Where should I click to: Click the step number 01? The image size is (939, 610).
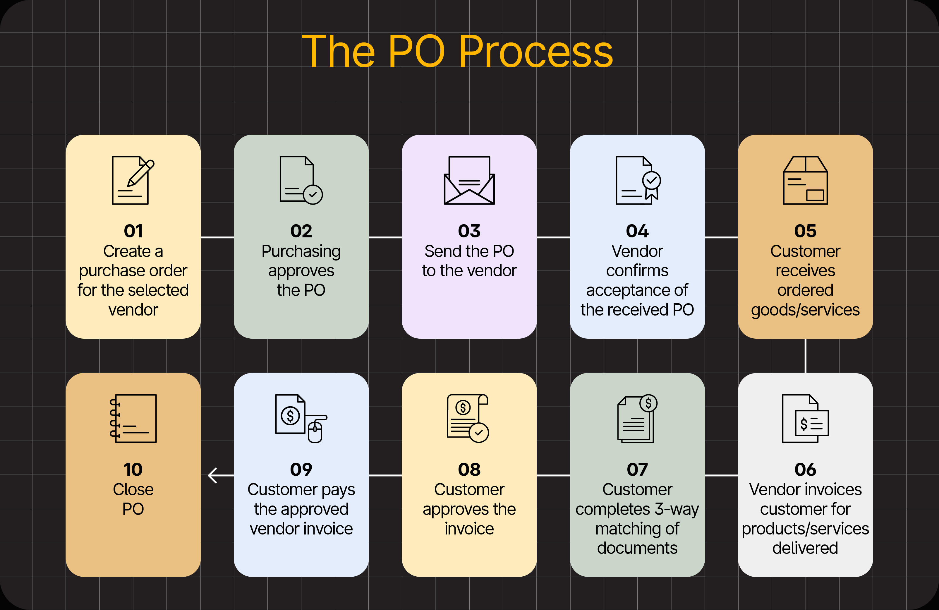click(x=133, y=231)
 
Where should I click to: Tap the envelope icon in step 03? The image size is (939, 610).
click(x=469, y=180)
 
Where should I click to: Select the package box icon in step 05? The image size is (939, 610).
click(x=805, y=180)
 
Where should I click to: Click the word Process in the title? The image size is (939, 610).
click(x=536, y=51)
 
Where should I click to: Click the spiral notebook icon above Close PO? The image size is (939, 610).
click(x=133, y=418)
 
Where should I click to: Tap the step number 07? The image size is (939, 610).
click(x=637, y=470)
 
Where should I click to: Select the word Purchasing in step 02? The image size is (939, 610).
click(x=301, y=251)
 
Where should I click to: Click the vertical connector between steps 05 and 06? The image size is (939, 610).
click(x=805, y=356)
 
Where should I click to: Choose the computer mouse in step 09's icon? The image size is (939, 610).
click(x=315, y=432)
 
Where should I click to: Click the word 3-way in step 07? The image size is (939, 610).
click(x=677, y=509)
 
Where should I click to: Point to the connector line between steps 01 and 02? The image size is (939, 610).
click(x=217, y=237)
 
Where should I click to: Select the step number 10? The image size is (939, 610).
click(x=133, y=470)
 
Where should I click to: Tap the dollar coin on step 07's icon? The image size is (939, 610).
click(x=648, y=403)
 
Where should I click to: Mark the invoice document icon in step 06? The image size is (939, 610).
click(x=805, y=418)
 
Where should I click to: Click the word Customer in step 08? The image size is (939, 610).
click(x=469, y=490)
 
